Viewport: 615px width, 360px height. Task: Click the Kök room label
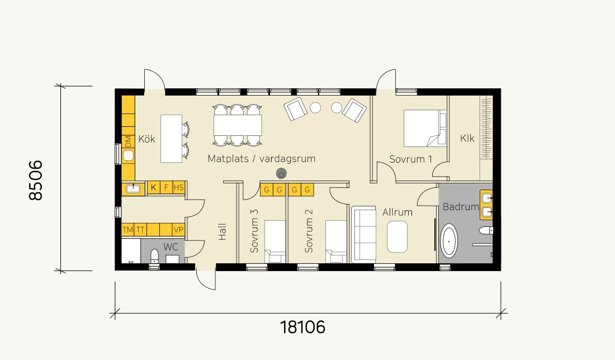point(146,139)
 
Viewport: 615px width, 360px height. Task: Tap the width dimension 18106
point(302,327)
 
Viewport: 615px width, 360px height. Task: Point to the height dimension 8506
point(36,180)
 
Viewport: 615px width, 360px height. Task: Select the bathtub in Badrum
point(449,241)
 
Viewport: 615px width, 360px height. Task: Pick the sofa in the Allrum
point(363,234)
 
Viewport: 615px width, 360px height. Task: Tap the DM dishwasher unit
point(128,141)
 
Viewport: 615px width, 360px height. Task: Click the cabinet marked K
point(153,187)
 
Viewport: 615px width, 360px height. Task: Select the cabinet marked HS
point(179,187)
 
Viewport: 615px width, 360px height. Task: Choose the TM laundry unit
point(128,230)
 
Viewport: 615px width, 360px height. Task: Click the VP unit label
point(179,230)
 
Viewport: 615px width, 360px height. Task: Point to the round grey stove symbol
point(281,173)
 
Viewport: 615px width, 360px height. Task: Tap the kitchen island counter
point(172,139)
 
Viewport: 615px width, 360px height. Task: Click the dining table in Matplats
point(238,125)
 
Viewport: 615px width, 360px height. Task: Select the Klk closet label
point(467,138)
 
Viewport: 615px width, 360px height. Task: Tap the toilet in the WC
point(155,256)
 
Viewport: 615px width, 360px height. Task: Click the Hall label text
point(223,232)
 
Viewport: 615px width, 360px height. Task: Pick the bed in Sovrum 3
point(275,241)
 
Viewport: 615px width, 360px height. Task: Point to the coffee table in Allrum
point(397,237)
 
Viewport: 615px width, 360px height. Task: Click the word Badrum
point(461,207)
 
